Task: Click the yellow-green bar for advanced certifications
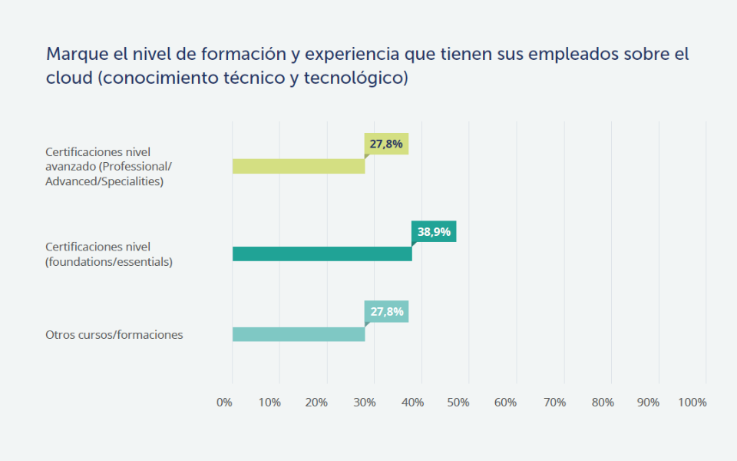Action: (x=299, y=166)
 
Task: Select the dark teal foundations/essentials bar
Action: (x=322, y=254)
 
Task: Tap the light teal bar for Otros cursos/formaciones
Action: (x=299, y=334)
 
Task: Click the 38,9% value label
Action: (x=434, y=231)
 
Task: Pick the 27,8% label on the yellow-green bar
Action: (x=386, y=144)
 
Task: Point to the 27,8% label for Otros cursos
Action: (x=386, y=311)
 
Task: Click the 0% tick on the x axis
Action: (x=224, y=403)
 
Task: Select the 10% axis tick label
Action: (x=269, y=403)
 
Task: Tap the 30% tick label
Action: (x=365, y=403)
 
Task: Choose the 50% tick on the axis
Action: (x=459, y=403)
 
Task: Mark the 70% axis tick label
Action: (x=554, y=403)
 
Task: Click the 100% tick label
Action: (x=693, y=403)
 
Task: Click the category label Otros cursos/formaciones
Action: (x=114, y=335)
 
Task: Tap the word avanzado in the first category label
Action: (x=71, y=167)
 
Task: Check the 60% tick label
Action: (x=506, y=403)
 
